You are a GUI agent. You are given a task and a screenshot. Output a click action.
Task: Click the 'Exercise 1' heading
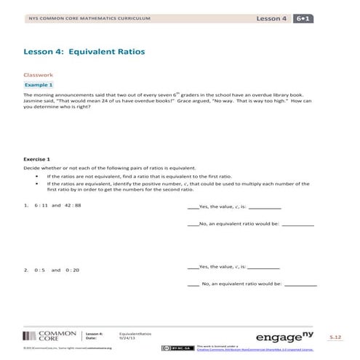click(x=37, y=159)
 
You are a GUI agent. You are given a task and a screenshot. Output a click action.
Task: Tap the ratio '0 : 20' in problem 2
click(x=71, y=270)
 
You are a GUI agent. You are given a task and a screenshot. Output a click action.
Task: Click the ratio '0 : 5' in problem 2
click(x=39, y=270)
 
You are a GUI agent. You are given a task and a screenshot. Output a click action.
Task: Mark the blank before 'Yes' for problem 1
click(x=192, y=207)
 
